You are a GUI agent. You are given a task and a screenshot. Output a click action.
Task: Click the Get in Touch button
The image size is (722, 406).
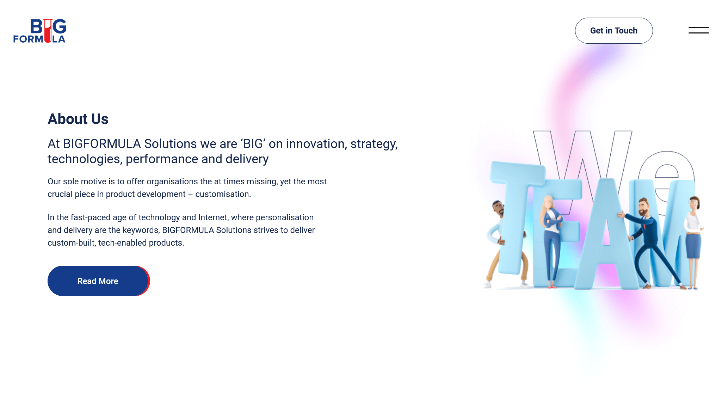coord(614,31)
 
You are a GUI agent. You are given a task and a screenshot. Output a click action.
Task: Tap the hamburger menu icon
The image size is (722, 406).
coord(699,30)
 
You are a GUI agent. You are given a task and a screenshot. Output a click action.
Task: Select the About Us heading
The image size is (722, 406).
coord(78,119)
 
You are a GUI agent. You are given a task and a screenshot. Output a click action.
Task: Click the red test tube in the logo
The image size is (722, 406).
coord(48,31)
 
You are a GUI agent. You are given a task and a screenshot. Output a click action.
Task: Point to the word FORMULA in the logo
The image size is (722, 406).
coord(39,39)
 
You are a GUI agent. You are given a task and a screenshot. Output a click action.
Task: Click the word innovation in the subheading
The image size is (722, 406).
coord(315,144)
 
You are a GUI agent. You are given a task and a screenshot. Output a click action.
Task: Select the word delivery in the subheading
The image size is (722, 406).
coord(247,159)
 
